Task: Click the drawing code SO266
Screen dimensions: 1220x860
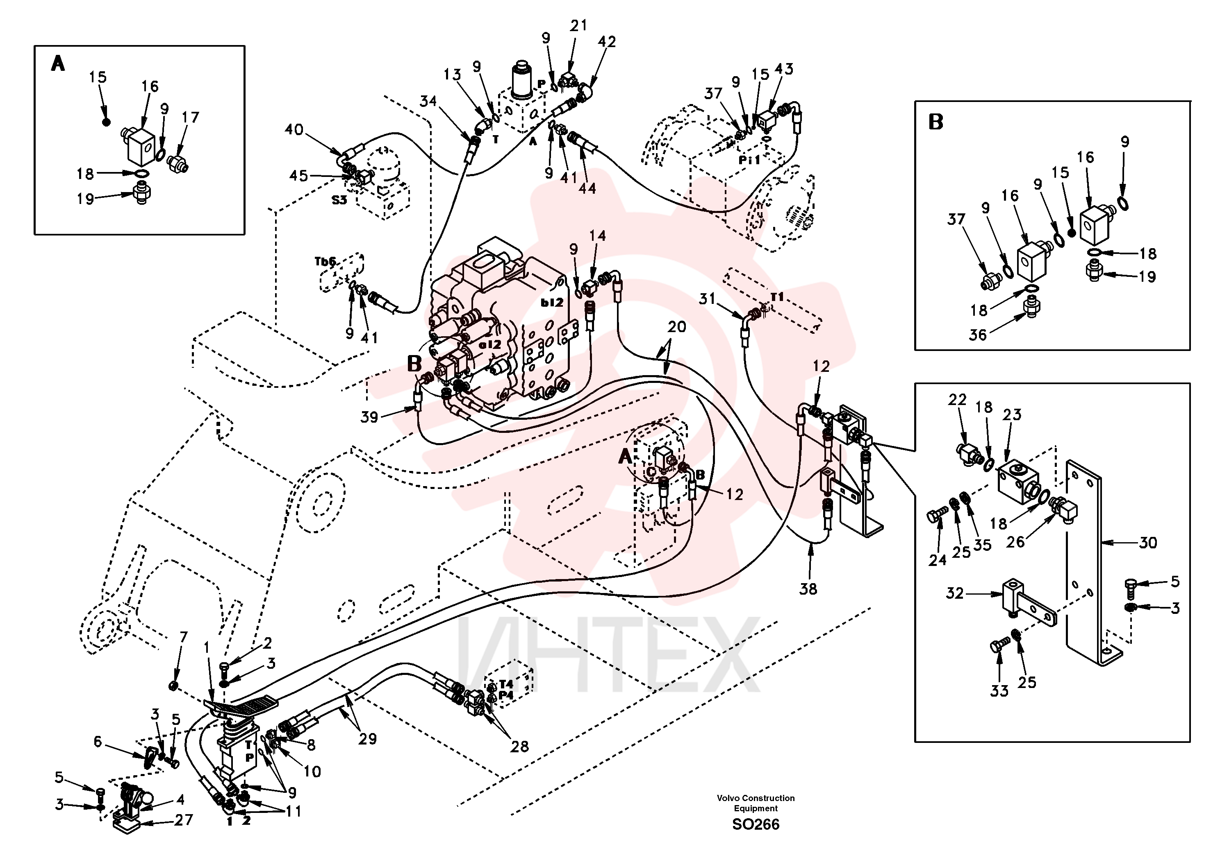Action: click(x=756, y=824)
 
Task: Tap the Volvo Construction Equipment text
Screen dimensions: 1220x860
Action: click(x=756, y=803)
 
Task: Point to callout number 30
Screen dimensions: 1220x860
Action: click(x=1148, y=543)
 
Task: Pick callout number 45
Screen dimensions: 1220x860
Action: click(x=298, y=175)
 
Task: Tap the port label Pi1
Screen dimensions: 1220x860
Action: click(x=750, y=159)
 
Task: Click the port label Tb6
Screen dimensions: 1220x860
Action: click(x=325, y=261)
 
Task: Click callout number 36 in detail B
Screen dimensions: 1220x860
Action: click(x=978, y=335)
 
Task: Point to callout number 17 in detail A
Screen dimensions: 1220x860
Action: click(x=190, y=117)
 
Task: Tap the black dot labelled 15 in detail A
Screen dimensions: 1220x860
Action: click(x=106, y=122)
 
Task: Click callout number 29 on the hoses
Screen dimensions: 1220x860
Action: click(x=367, y=739)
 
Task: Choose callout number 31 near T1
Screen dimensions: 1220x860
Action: click(x=707, y=299)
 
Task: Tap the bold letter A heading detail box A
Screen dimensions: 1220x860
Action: click(x=58, y=64)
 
